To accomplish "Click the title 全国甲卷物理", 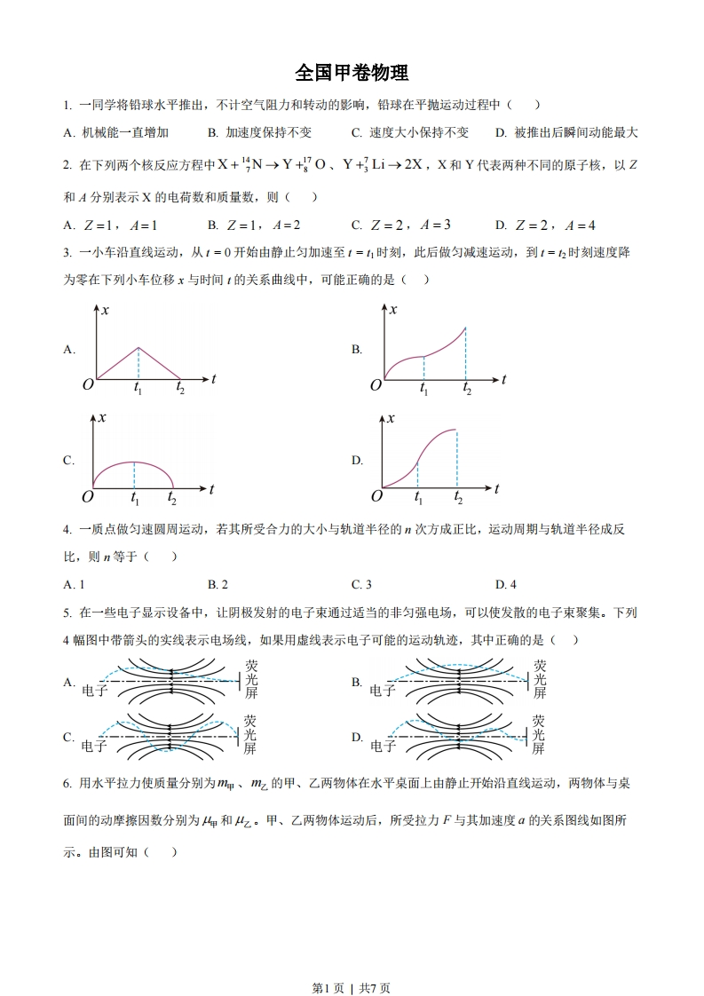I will click(352, 72).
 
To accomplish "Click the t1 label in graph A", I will click(138, 389).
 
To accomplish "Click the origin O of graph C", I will click(88, 496).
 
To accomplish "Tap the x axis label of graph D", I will click(392, 417).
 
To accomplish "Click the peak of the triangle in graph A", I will click(138, 347).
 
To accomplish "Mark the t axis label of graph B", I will click(503, 379).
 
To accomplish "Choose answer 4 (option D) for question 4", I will click(506, 584).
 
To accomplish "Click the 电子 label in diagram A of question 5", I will click(94, 690).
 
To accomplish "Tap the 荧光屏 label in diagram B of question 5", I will click(540, 679).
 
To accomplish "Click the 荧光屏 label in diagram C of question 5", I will click(250, 735).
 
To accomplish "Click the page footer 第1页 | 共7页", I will click(352, 962).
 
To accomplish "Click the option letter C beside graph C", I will click(68, 461).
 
